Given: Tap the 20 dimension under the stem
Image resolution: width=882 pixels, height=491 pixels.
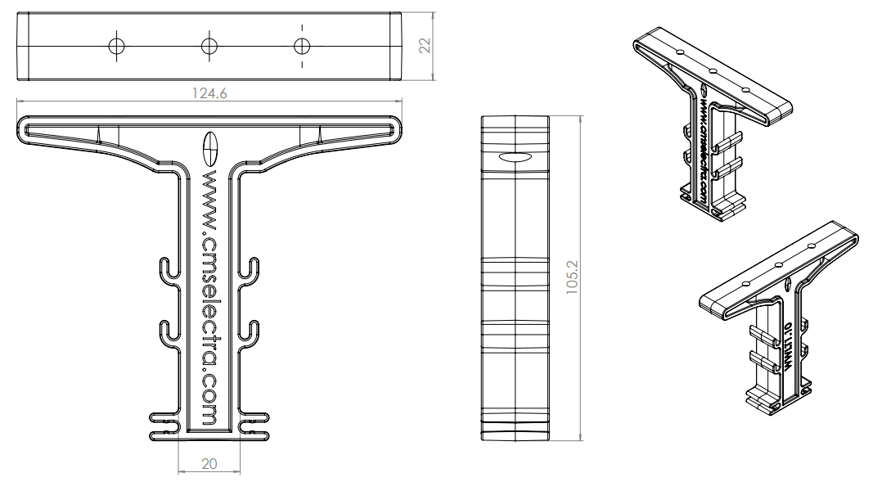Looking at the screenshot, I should point(209,464).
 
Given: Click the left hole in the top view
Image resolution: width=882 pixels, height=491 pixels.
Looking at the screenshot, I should point(117,46).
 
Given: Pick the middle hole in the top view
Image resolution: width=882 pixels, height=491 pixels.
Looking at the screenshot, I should point(209,46).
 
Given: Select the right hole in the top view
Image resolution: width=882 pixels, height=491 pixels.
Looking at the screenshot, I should point(302,46).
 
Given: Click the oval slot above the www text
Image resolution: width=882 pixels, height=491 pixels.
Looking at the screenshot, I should point(209,148).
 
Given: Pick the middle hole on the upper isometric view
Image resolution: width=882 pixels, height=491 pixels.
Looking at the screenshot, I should point(713,72).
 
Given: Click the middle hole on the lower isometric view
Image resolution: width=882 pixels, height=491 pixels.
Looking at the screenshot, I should point(778,265).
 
